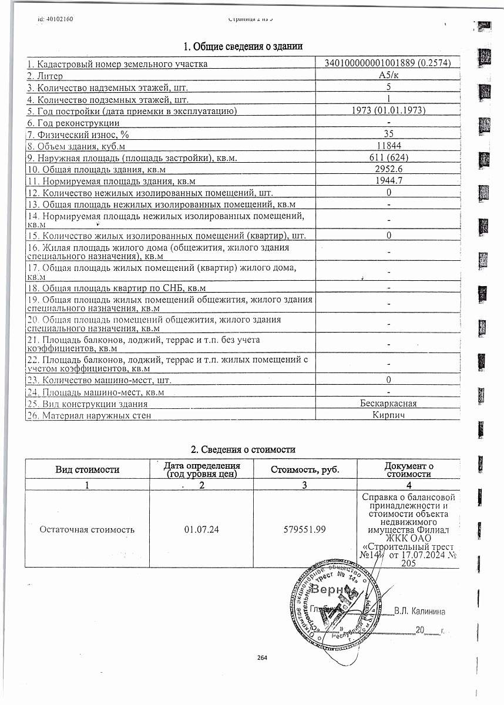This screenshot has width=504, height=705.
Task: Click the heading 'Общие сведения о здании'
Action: (243, 46)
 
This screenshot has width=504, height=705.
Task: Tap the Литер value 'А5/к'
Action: (388, 76)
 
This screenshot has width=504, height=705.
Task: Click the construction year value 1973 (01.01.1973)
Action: (388, 110)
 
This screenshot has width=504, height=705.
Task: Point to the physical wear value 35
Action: (388, 134)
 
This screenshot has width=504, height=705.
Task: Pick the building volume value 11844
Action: (388, 146)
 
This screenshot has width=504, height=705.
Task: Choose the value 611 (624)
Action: (388, 157)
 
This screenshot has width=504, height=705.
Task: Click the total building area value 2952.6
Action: (388, 169)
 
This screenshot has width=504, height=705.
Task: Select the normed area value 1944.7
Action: (388, 181)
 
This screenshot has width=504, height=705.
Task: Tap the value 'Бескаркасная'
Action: (388, 404)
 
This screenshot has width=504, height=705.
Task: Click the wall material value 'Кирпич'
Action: (388, 415)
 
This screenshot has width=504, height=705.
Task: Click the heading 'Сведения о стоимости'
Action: (243, 449)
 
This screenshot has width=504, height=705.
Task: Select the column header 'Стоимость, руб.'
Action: (305, 469)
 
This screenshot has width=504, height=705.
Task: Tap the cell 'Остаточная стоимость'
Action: (87, 529)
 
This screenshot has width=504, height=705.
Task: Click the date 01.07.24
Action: (201, 529)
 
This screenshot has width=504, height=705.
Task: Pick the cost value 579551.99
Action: (305, 529)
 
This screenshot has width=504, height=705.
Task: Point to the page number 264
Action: (262, 657)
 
